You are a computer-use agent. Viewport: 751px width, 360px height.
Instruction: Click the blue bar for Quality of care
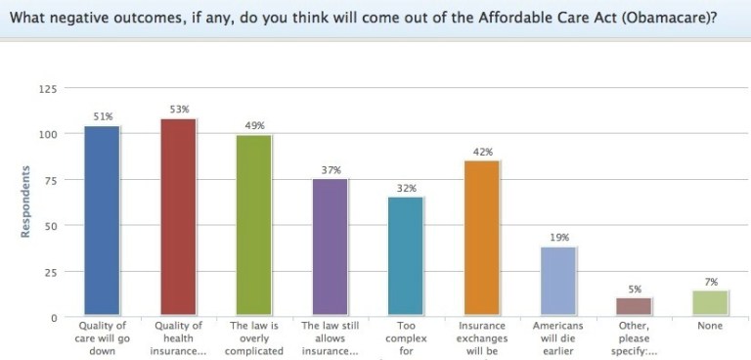point(102,221)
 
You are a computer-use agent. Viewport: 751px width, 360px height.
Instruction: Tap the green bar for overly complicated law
point(254,226)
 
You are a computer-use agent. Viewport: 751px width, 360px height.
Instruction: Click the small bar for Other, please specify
point(634,307)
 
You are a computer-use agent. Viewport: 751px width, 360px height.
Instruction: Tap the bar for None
point(710,303)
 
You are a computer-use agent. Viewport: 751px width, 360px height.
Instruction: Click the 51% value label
point(102,116)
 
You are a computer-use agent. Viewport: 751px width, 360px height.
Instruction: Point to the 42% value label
point(482,152)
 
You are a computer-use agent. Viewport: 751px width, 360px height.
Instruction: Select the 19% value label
point(558,237)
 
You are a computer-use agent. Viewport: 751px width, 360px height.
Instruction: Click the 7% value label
point(710,282)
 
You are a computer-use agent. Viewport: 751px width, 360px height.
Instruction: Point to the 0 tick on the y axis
point(54,317)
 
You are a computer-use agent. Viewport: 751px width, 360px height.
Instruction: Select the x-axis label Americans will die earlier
point(558,338)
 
